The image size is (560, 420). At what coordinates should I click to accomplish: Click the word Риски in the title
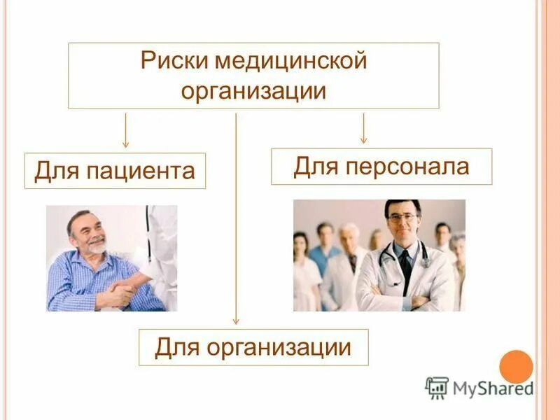tap(174, 61)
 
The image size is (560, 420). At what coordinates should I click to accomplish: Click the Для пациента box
tap(115, 171)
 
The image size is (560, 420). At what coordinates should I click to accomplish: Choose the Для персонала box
tap(381, 167)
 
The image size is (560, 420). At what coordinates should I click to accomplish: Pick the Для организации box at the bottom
tap(253, 346)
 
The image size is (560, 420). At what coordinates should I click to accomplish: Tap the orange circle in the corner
tap(516, 367)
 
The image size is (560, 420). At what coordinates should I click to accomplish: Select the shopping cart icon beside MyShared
tap(436, 387)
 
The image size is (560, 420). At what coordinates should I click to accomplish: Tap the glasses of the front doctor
tap(402, 218)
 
